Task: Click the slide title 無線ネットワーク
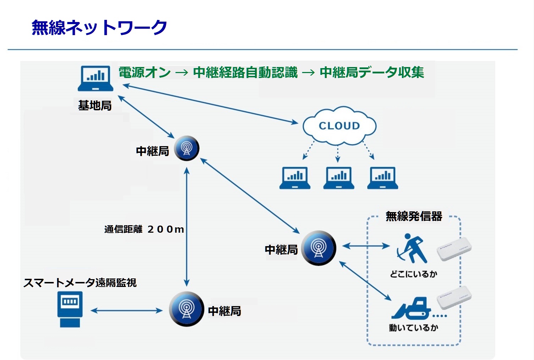(99, 28)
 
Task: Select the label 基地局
(95, 105)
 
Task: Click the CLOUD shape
(339, 126)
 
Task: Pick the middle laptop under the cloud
(339, 178)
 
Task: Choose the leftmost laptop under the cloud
(295, 178)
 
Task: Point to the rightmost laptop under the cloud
(383, 178)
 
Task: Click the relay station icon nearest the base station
(186, 148)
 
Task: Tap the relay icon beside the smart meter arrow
(186, 309)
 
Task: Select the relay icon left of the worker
(319, 248)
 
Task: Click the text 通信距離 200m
(144, 229)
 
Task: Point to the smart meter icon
(70, 309)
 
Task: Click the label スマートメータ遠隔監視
(80, 283)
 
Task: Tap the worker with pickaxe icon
(412, 248)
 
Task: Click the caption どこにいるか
(413, 274)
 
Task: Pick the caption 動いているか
(413, 327)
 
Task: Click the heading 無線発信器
(414, 216)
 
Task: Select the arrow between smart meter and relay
(127, 311)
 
